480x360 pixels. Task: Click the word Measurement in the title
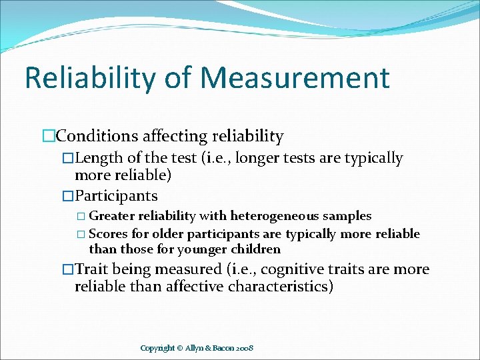(x=295, y=77)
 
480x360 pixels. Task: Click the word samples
(x=351, y=216)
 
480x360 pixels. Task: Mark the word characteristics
(x=280, y=287)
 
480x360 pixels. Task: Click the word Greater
(x=111, y=216)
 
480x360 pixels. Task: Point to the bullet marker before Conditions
(x=48, y=137)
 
